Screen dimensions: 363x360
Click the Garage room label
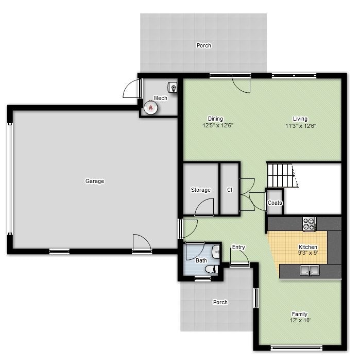coord(94,181)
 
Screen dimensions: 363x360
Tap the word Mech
coord(160,98)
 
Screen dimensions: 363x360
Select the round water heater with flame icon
coord(150,107)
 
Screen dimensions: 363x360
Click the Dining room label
coord(215,119)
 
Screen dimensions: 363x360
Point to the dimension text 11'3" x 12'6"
coord(300,125)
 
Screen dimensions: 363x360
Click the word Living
coord(300,119)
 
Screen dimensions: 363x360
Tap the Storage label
coord(200,190)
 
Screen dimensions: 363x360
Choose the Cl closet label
coord(230,190)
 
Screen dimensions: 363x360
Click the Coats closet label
coord(275,203)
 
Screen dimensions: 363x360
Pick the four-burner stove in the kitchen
coord(309,224)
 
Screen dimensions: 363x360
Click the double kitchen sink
coord(310,270)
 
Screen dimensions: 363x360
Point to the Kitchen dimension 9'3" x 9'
coord(308,253)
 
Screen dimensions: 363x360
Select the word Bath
coord(201,260)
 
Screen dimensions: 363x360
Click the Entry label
coord(238,247)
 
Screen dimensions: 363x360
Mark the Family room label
coord(299,314)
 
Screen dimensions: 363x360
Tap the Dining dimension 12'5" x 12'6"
coord(215,125)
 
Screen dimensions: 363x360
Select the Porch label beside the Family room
coord(220,302)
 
